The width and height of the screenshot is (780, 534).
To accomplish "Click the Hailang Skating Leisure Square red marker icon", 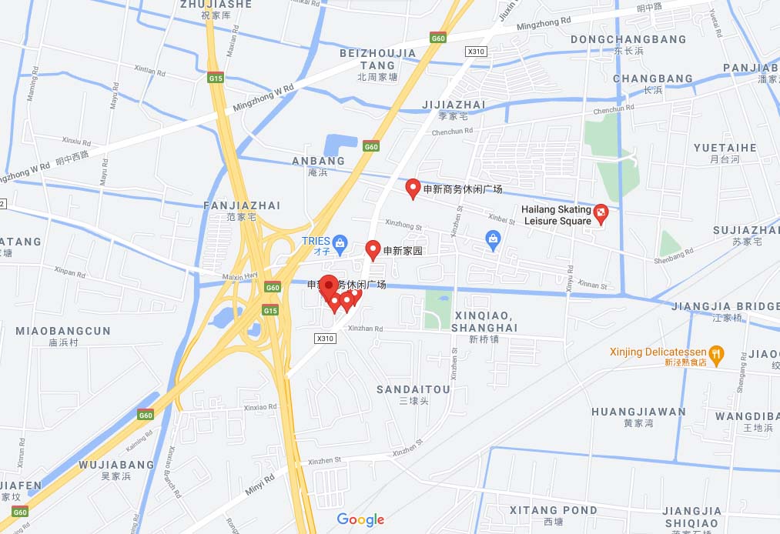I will (601, 213).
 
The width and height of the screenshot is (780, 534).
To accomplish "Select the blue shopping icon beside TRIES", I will (340, 242).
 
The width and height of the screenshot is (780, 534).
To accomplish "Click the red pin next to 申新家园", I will (373, 249).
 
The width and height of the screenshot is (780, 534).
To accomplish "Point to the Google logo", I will (360, 520).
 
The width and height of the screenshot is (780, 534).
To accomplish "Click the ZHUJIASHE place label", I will (216, 5).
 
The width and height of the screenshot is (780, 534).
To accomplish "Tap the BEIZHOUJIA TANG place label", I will (377, 59).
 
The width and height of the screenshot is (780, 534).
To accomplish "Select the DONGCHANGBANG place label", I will (628, 39).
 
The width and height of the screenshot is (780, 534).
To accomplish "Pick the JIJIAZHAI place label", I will (454, 105).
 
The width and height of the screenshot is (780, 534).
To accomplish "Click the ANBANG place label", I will (318, 161).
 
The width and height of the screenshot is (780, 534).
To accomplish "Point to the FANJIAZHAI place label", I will (242, 205).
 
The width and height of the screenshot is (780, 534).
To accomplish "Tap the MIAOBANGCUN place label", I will (63, 331).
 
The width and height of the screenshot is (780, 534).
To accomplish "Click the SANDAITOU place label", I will (413, 390).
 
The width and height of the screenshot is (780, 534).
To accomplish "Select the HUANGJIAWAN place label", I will (638, 412).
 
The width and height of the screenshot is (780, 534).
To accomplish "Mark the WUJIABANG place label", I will (116, 465).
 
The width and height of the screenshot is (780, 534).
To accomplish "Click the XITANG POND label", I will (553, 510).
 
